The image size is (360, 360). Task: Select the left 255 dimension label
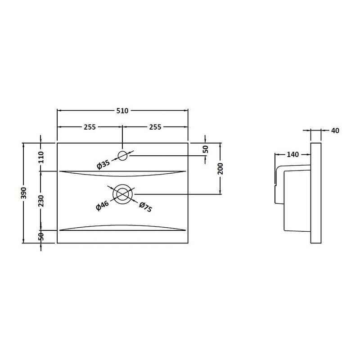tap(89, 127)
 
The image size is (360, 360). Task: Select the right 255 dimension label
tap(155, 127)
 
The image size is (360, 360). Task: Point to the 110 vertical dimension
tap(41, 157)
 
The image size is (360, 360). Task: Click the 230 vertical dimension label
tap(41, 200)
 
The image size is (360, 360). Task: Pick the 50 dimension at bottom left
tap(41, 236)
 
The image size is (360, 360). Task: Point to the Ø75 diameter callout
tap(145, 207)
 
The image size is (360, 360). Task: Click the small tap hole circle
tap(122, 156)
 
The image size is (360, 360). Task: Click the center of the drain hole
tap(122, 194)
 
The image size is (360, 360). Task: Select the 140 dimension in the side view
tap(292, 155)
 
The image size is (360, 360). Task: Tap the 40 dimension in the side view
tap(334, 130)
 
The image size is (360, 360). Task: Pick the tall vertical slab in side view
tap(316, 193)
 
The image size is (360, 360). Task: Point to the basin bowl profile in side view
tap(292, 198)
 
